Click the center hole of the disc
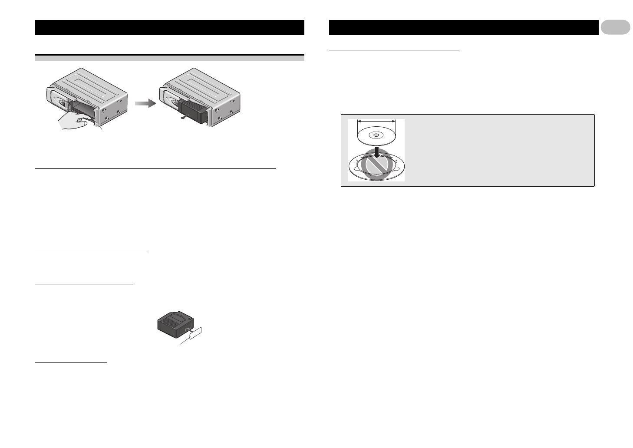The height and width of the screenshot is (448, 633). (376, 135)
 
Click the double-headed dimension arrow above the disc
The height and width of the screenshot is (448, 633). (376, 122)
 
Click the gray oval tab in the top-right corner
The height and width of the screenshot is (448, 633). (615, 27)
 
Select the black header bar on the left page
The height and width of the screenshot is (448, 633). (169, 27)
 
